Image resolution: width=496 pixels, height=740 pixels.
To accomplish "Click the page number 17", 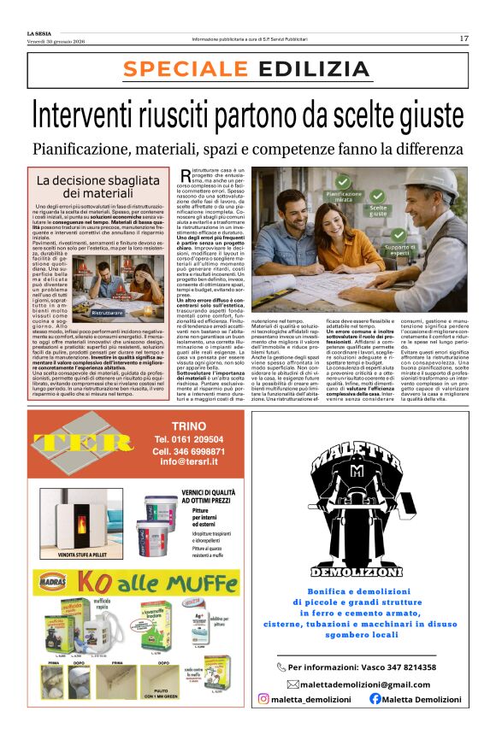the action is [464, 38].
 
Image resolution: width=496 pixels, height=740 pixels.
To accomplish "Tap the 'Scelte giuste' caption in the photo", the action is [378, 210].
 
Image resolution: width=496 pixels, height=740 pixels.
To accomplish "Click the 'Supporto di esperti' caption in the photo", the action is [424, 249].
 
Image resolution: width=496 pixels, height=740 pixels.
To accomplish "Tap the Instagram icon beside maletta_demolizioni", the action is [263, 699].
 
